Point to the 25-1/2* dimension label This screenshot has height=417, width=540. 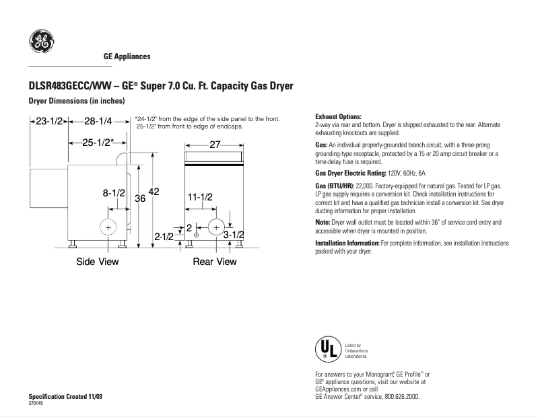point(98,143)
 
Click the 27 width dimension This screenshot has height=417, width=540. point(215,145)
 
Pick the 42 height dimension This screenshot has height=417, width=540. point(154,192)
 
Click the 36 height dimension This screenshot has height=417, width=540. point(140,199)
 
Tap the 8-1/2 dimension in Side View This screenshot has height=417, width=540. point(114,193)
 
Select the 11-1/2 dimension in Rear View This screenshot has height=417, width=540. point(200,197)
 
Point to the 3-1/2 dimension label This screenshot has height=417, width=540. point(233,234)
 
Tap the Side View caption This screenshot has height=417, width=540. point(98,262)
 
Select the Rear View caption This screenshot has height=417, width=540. point(215,262)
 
